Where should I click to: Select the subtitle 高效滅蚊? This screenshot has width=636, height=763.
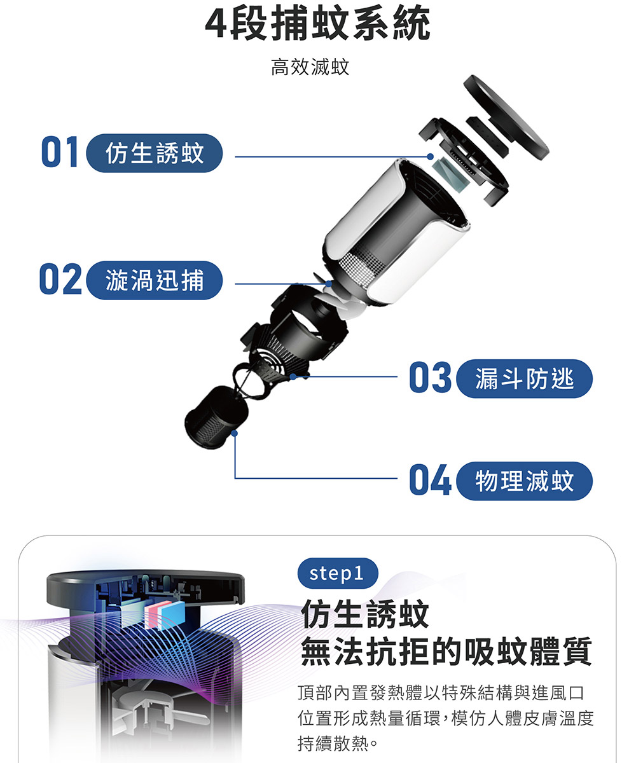point(310,67)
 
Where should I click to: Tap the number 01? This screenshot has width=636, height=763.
point(60,152)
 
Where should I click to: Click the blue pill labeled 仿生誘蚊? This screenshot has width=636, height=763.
point(155,153)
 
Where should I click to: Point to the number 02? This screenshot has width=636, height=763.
point(60,278)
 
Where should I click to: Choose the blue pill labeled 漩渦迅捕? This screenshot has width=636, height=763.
point(155,280)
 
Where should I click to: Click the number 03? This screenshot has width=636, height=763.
point(430,377)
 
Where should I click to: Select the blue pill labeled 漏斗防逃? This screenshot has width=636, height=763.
point(525,378)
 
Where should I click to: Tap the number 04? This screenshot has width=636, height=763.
point(430,479)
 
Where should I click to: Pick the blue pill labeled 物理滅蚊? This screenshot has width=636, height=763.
point(525,481)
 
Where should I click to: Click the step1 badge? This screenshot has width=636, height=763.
point(338,573)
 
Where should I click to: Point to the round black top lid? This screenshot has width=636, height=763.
point(506,117)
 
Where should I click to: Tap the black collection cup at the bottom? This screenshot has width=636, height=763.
point(216,417)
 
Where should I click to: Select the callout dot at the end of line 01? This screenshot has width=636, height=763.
point(431,156)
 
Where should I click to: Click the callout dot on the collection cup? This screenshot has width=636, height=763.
point(235,433)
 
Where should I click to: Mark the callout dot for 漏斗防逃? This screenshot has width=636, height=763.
point(293,377)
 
